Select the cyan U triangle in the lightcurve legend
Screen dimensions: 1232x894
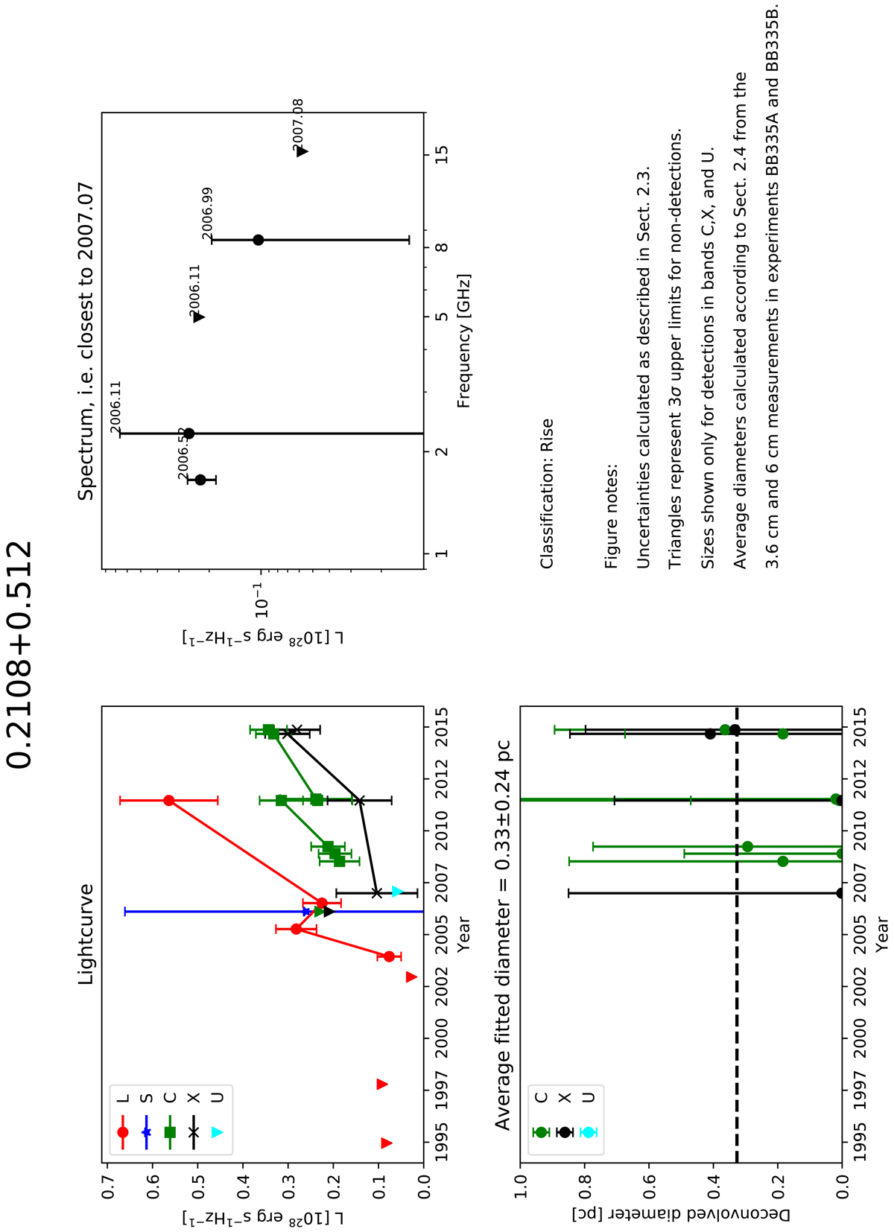coord(217,1132)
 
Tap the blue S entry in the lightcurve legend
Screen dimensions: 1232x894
coord(146,1132)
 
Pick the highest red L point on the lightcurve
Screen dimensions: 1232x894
coord(169,801)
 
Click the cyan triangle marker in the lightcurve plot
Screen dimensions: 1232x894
coord(397,892)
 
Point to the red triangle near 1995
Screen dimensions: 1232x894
coord(386,1143)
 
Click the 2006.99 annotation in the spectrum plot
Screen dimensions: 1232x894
coord(207,213)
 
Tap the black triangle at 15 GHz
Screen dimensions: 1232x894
coord(302,152)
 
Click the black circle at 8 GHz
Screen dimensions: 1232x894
coord(259,240)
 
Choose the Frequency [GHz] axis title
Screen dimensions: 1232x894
coord(464,340)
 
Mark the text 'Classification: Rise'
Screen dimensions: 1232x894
coord(548,494)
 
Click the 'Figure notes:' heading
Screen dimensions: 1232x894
coord(612,517)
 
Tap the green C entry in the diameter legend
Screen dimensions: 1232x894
coord(542,1132)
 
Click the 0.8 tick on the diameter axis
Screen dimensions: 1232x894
coord(584,1180)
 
